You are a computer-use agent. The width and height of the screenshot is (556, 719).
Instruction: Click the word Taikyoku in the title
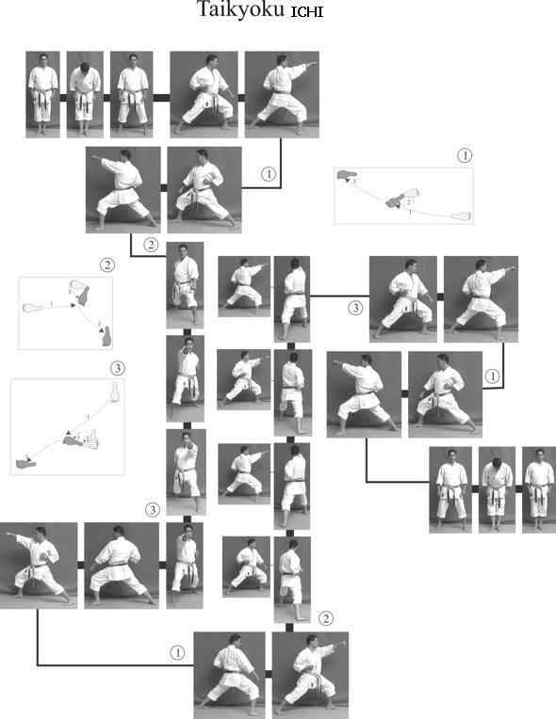point(241,9)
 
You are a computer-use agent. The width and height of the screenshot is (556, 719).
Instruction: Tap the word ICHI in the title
point(307,11)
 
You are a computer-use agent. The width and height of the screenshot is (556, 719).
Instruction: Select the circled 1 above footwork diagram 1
point(465,155)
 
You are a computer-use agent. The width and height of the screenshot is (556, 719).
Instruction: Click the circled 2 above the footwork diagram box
point(107,265)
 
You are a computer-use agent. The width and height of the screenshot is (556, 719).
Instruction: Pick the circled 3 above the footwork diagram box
point(118,368)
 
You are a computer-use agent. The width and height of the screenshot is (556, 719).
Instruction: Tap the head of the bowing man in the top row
point(85,68)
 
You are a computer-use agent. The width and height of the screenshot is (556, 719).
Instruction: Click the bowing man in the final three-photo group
point(497,489)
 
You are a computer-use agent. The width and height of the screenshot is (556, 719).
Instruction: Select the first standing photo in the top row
point(42,94)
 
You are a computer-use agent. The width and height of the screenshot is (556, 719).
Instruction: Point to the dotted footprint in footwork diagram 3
point(93,440)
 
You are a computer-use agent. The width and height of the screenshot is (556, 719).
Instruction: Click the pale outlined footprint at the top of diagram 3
point(115,391)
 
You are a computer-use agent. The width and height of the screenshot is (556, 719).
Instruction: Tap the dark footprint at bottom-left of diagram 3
point(25,464)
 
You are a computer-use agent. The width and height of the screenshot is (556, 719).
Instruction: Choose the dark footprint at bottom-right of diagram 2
point(106,336)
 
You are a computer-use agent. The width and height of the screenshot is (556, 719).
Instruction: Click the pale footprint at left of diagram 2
point(33,307)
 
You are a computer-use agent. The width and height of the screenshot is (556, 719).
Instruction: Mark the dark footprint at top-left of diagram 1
point(347,174)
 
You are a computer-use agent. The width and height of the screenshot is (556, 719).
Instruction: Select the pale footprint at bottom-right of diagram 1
point(461,216)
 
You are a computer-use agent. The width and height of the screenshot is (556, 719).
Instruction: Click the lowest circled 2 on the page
point(325,618)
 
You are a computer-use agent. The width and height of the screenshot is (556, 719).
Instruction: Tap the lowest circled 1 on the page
point(178,653)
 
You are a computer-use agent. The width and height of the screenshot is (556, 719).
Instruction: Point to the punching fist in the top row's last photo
point(314,64)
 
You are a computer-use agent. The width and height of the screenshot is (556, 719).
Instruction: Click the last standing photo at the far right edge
point(539,489)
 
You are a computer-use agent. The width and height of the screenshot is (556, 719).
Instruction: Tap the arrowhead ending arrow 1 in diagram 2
point(73,305)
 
